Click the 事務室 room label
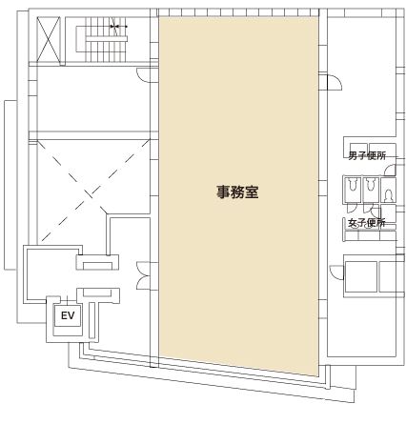click(237, 192)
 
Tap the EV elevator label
click(68, 315)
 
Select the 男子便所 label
click(367, 156)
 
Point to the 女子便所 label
click(367, 223)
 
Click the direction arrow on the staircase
click(118, 27)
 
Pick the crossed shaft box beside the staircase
click(49, 39)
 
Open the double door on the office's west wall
click(144, 275)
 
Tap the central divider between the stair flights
click(106, 39)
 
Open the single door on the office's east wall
click(335, 82)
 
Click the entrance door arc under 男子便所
click(390, 170)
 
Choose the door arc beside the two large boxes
click(336, 273)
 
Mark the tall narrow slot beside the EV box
click(92, 320)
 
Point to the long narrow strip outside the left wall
click(10, 185)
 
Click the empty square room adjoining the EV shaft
click(51, 273)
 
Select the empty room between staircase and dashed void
click(93, 98)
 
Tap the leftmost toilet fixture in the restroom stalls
click(353, 184)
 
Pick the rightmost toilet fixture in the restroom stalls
click(389, 195)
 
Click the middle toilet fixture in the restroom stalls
click(370, 184)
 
